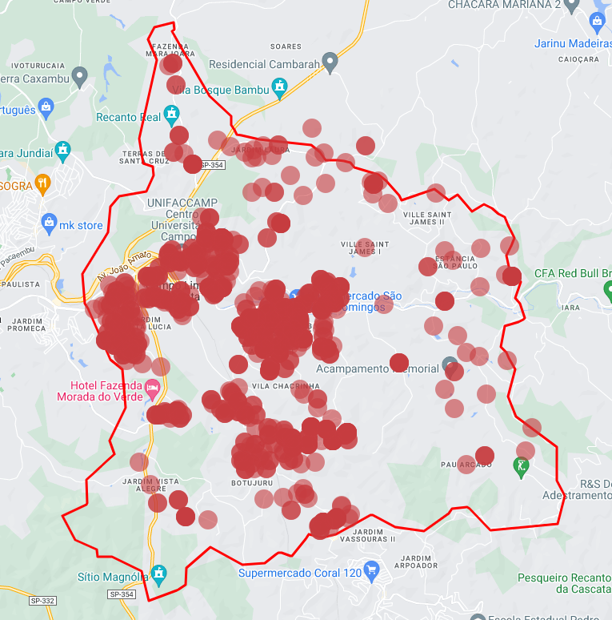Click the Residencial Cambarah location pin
tap(330, 62)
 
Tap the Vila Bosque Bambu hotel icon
tap(279, 87)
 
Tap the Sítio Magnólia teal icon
tap(159, 574)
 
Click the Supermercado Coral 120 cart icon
tap(370, 571)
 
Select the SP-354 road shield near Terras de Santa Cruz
tap(212, 165)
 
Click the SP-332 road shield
tap(41, 600)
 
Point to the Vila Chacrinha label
tap(285, 386)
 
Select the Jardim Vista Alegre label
tap(150, 484)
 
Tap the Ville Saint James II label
tap(426, 218)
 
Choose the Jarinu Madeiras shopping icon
tap(597, 22)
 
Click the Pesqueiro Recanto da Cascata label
tap(564, 582)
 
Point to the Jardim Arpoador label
tap(416, 562)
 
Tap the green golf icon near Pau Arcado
tap(522, 465)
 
